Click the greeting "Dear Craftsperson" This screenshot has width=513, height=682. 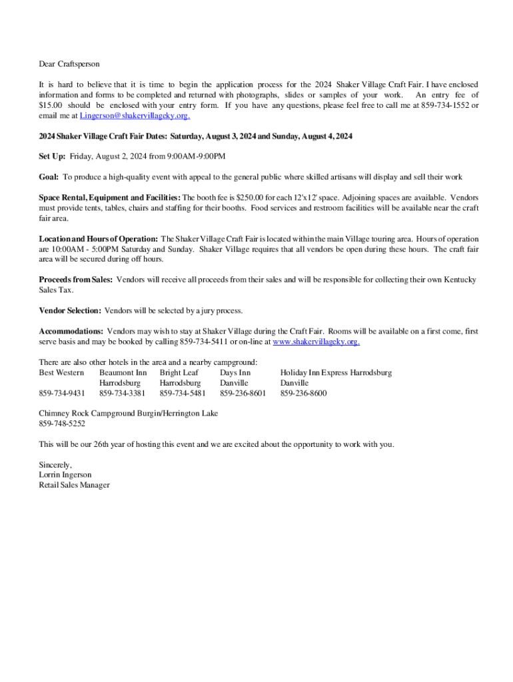69,64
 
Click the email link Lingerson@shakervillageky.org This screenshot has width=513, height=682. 135,116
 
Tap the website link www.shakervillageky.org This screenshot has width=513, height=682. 316,342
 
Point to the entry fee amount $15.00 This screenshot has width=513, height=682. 51,105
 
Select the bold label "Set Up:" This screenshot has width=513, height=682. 52,157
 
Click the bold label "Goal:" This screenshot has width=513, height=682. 49,177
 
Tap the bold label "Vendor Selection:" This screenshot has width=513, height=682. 70,310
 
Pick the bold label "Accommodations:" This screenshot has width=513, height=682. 71,331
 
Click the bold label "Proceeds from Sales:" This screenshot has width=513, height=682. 75,280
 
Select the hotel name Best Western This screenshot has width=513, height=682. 61,372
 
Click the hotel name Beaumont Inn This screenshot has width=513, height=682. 123,372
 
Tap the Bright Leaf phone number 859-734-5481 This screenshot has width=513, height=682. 183,393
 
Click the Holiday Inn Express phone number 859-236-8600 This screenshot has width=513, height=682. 303,393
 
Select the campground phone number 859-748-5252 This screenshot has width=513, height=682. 62,424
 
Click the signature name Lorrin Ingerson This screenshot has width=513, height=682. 65,475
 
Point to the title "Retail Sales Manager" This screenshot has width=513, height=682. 74,485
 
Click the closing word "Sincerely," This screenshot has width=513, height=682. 55,465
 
